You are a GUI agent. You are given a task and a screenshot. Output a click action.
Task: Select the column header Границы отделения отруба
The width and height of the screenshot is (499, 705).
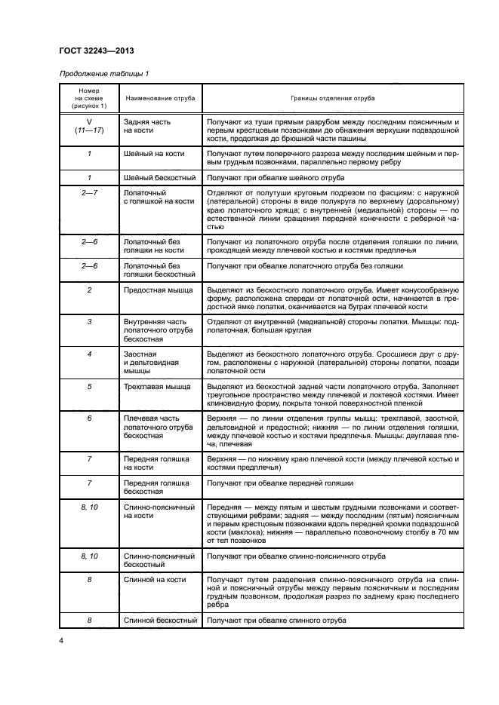point(333,99)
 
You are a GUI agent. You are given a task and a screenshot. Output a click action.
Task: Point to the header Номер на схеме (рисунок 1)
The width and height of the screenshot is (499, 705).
point(89,99)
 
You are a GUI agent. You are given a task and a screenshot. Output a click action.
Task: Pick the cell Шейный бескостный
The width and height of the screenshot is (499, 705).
point(159,178)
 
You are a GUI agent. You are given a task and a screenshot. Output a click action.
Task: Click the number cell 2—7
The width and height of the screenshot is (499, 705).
point(89,193)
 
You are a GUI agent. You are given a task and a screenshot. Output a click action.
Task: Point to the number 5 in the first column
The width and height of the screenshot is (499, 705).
point(89,386)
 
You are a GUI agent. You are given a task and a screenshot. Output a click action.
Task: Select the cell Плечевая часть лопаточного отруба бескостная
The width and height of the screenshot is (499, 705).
point(159,427)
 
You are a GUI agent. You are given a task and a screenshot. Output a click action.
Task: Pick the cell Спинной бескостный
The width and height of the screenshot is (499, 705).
point(160,621)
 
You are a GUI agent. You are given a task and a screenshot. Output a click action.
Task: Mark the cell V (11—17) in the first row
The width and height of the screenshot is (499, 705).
point(89,126)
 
